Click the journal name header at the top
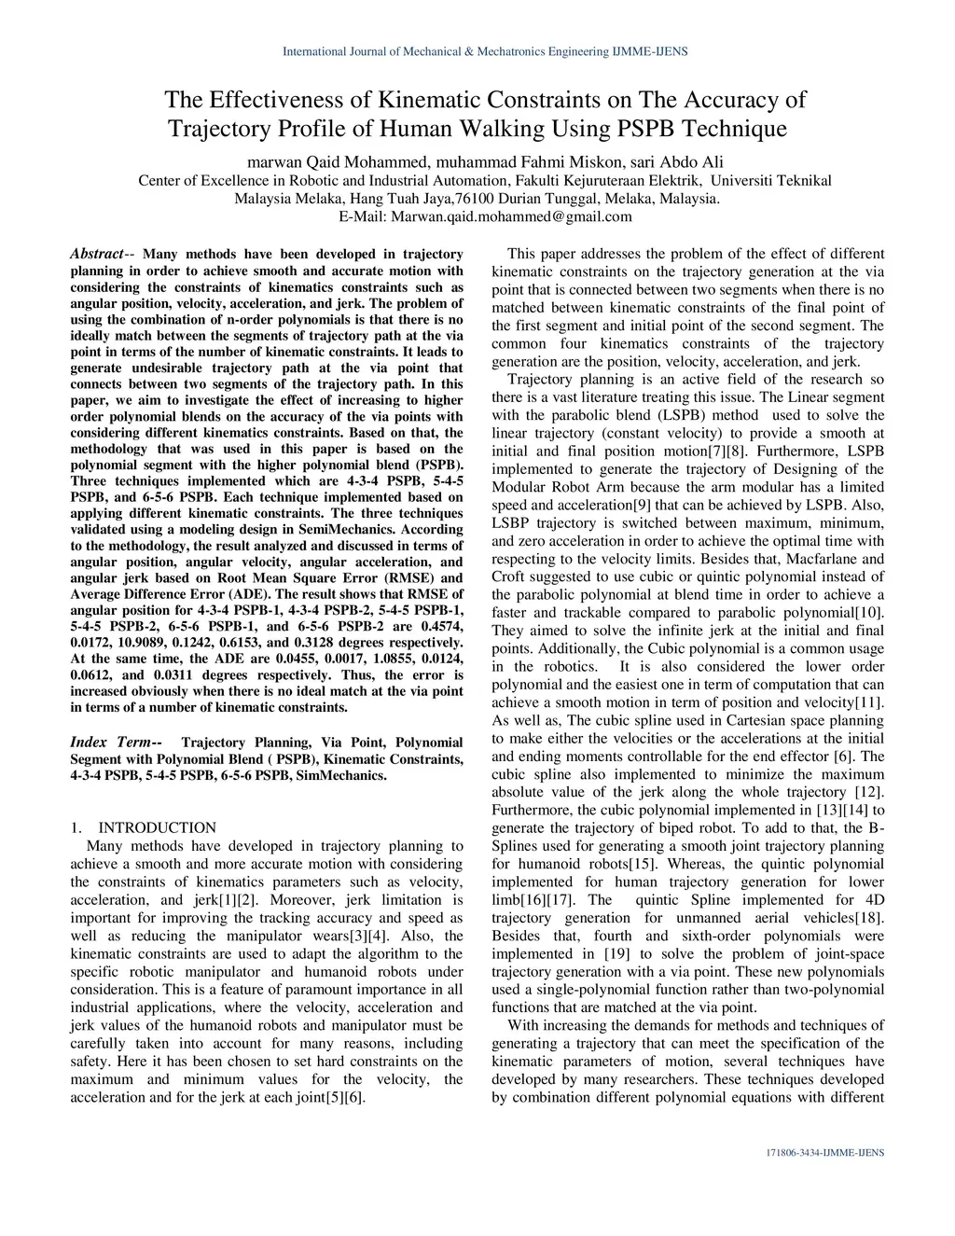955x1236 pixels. tap(485, 50)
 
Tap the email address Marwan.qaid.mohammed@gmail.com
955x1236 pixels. tap(510, 216)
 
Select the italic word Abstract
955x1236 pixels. tap(97, 254)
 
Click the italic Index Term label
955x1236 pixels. tap(110, 742)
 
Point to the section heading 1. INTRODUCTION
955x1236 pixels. tap(144, 827)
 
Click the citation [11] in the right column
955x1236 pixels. tap(868, 702)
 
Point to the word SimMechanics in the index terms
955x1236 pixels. tap(341, 775)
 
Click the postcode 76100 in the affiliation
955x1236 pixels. tap(476, 199)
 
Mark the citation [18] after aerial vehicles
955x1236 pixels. tap(868, 918)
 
